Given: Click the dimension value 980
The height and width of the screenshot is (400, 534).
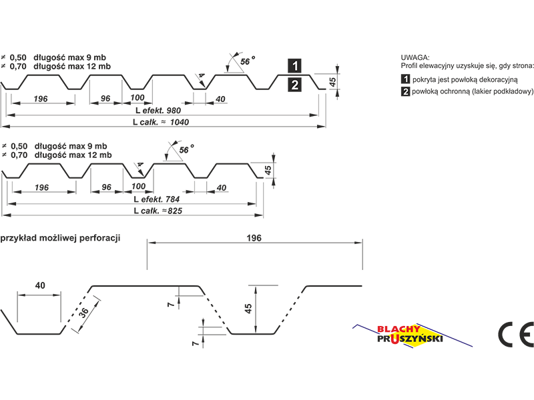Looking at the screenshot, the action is [x=174, y=111].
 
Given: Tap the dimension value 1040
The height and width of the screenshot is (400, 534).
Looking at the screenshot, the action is [x=180, y=122].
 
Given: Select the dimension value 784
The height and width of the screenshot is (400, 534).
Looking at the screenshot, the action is [x=172, y=199].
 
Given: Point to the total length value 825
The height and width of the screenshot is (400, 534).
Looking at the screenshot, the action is [x=175, y=211].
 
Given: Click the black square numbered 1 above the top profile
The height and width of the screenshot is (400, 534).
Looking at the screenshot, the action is [x=294, y=65].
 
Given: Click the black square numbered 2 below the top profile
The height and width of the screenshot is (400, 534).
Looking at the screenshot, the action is [x=294, y=85].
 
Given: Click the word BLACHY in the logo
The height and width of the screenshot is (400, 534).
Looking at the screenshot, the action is [x=398, y=329].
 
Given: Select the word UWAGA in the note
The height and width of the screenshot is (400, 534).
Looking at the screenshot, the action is [x=415, y=57].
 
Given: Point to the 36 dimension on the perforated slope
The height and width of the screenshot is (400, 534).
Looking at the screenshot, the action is [x=84, y=311].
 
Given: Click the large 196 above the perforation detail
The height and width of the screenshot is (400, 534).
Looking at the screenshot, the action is [x=254, y=238].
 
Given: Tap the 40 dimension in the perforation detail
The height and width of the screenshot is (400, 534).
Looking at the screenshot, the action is [x=40, y=285].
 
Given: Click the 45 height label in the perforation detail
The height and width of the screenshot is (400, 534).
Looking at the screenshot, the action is [x=248, y=309].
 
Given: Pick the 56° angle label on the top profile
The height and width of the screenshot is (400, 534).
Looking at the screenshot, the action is [x=248, y=61].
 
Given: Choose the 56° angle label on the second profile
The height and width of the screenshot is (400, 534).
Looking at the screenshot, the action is [x=186, y=149].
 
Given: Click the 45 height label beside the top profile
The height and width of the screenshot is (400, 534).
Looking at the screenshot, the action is [x=332, y=81].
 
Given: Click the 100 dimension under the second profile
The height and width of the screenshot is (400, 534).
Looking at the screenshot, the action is [x=139, y=187].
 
